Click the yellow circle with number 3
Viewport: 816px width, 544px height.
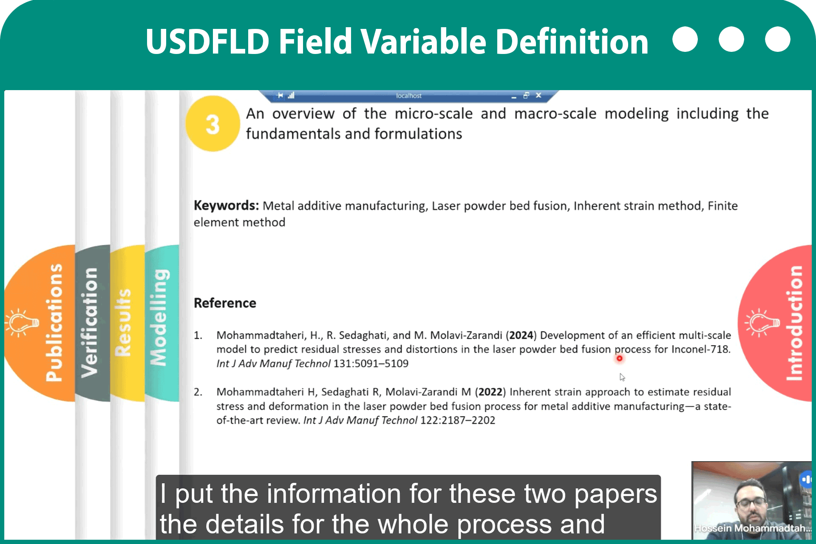coord(212,124)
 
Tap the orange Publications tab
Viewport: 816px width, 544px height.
coord(40,323)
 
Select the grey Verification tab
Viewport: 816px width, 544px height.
coord(92,323)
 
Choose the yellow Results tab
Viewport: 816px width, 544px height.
coord(127,323)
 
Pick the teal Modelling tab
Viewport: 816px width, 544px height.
coord(161,323)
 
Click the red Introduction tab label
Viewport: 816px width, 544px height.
coord(794,323)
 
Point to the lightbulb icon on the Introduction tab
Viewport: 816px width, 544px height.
coord(762,323)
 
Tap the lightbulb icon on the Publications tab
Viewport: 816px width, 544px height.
coord(22,323)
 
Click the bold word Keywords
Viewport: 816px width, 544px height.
coord(226,206)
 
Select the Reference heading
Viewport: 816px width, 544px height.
coord(225,303)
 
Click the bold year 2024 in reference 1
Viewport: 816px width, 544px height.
coord(521,335)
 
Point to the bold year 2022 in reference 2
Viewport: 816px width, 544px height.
coord(490,392)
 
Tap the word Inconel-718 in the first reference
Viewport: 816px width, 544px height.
coord(701,349)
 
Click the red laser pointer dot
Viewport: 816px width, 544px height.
coord(620,358)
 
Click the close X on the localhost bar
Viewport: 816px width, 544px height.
coord(538,95)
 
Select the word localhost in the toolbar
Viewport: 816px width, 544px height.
coord(408,96)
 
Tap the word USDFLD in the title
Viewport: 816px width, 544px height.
coord(207,41)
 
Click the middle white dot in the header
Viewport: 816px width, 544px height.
coord(731,39)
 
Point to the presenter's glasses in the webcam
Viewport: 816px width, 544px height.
coord(751,504)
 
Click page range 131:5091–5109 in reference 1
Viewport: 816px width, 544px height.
coord(371,364)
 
